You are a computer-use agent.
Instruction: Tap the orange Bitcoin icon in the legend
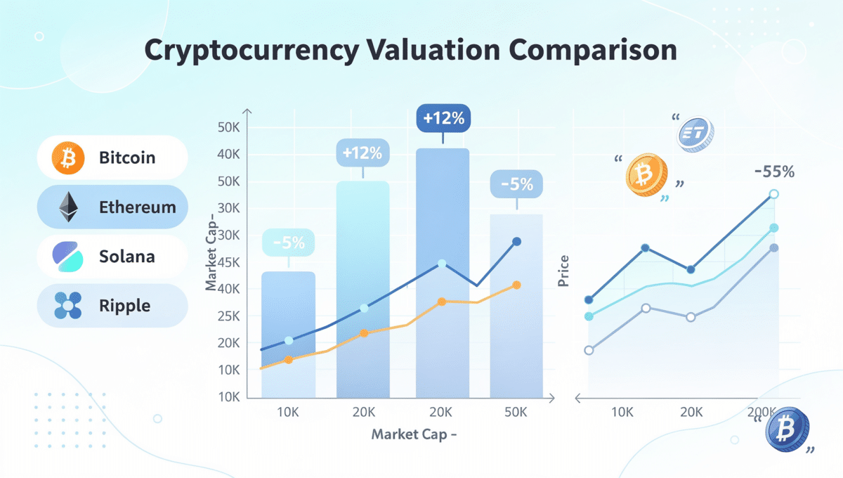tap(68, 157)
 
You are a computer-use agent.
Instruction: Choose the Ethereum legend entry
tap(112, 207)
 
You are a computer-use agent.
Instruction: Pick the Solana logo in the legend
tap(68, 257)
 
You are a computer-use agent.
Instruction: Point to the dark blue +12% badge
tap(443, 118)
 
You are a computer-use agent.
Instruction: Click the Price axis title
tap(563, 271)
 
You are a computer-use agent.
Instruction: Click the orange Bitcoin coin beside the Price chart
tap(644, 174)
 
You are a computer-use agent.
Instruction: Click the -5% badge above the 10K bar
tap(289, 243)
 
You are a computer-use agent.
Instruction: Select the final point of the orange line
tap(516, 285)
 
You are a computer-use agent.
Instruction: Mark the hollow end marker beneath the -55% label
tap(773, 194)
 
